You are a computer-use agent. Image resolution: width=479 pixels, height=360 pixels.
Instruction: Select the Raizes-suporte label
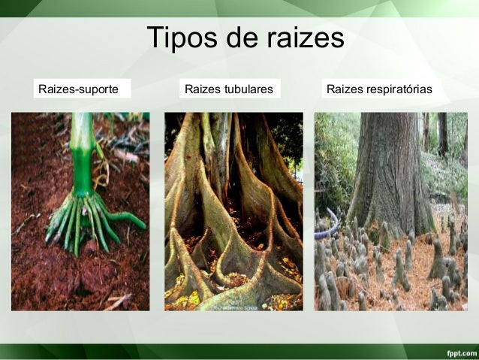(78, 89)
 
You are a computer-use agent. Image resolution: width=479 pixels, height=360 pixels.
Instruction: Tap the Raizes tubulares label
(228, 89)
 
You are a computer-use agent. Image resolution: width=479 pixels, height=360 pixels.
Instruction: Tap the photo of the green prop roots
(80, 211)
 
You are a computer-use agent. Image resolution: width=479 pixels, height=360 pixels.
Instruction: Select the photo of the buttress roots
(233, 211)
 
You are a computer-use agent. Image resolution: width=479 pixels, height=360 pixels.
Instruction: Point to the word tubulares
(248, 89)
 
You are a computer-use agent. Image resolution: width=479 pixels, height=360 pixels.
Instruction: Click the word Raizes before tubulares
(202, 89)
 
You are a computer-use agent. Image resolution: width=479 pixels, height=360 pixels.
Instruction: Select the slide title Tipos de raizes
(245, 38)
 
